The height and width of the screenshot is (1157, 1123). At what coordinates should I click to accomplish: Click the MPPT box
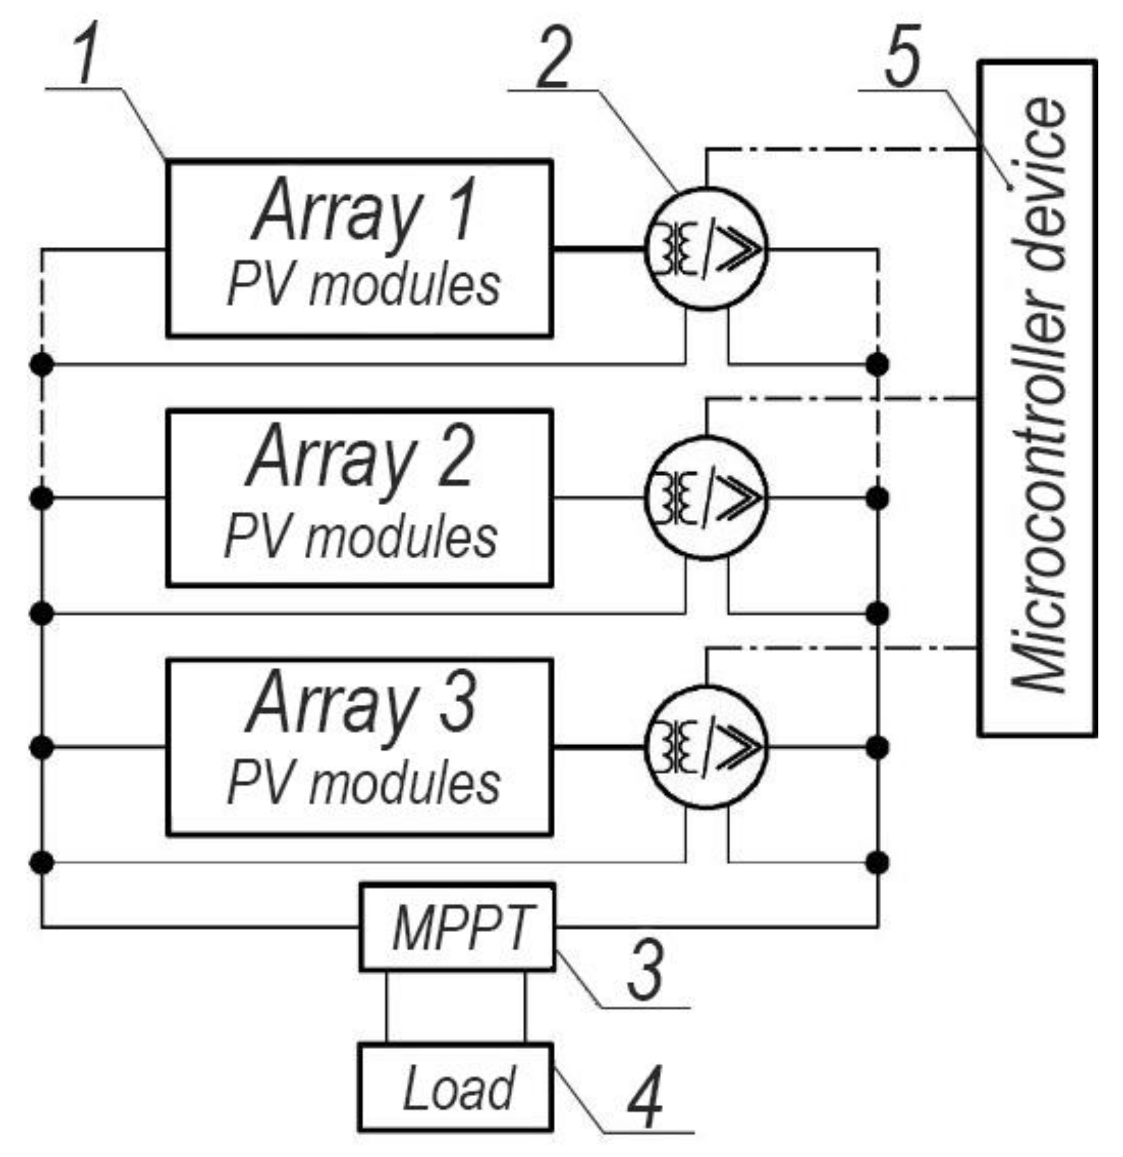click(458, 927)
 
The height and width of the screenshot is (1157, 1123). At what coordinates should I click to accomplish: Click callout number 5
click(902, 57)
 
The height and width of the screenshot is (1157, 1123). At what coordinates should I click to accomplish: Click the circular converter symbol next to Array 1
click(706, 248)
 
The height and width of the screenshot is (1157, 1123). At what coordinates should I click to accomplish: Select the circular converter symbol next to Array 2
click(706, 498)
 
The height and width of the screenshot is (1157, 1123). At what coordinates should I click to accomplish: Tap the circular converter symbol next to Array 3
click(706, 747)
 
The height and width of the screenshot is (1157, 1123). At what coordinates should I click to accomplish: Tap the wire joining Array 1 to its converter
click(597, 249)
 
